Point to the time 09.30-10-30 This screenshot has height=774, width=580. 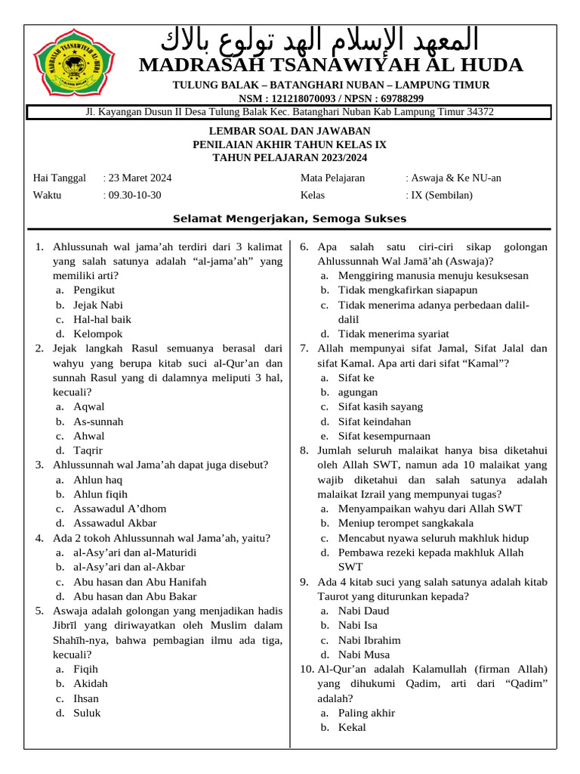pos(134,195)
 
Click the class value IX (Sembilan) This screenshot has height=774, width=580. pos(441,195)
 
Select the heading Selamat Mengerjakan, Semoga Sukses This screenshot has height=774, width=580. pos(290,219)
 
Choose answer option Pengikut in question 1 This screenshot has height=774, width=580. pos(94,290)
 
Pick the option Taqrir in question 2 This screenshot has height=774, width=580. pos(88,450)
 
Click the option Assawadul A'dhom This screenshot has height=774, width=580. pos(119,509)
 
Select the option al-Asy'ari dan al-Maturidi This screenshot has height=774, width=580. pos(134,553)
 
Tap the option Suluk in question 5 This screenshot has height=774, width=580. pos(87,713)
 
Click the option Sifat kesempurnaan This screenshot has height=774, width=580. pos(384,436)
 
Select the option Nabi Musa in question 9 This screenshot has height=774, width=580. pos(364,655)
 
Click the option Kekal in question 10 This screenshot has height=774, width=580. pos(352,727)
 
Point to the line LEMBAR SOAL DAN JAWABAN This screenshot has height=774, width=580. pos(290,131)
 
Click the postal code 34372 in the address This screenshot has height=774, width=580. pos(480,112)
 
